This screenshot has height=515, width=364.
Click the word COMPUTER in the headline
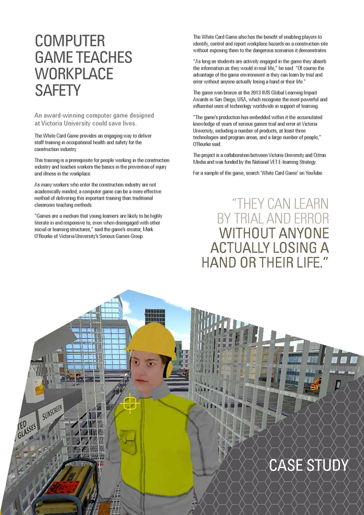click(70, 41)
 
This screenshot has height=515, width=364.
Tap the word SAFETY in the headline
click(58, 90)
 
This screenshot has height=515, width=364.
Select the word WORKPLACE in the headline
click(74, 74)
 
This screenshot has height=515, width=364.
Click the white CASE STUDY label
click(308, 465)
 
